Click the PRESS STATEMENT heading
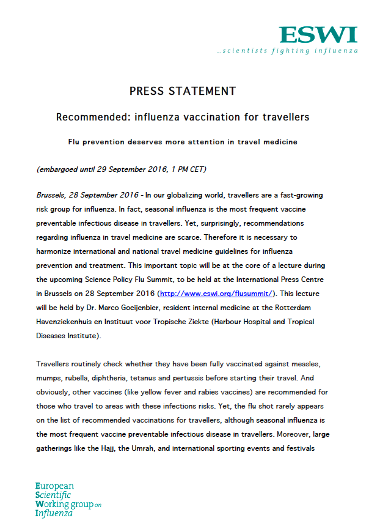click(x=183, y=91)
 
